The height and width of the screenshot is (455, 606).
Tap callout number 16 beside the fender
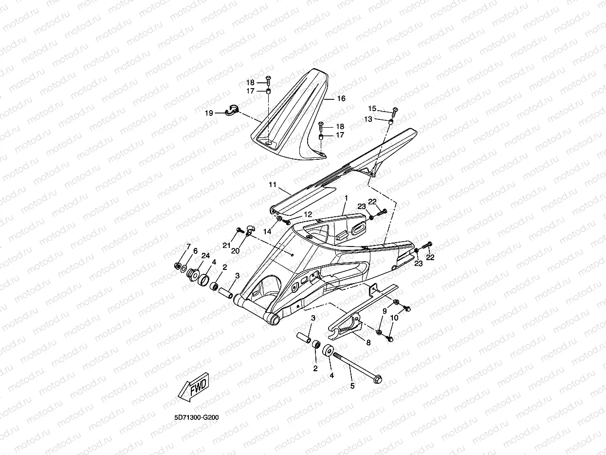coord(341,98)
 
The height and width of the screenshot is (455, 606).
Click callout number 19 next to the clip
coord(209,113)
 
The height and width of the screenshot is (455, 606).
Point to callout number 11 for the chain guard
coord(272,185)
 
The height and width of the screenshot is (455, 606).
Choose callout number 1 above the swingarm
coord(346,198)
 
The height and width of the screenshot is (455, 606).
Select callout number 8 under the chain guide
coord(368,342)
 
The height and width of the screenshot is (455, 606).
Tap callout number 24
coord(205,255)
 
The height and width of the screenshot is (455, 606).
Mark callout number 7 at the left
coord(188,246)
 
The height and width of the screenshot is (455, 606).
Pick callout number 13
coord(368,119)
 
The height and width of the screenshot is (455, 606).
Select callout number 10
coord(394,317)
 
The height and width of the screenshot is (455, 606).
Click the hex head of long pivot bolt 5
coord(378,379)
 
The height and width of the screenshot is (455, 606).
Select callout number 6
coord(195,251)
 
